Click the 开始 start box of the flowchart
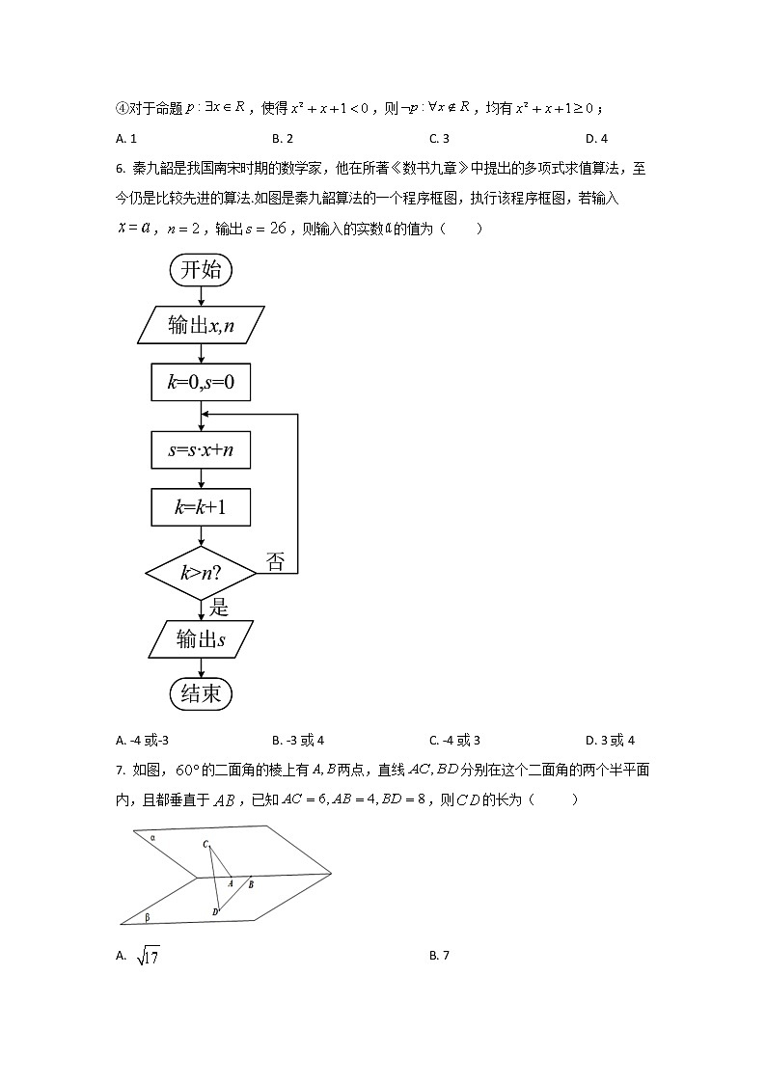point(201,270)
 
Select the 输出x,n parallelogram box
point(201,326)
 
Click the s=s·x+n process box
point(201,449)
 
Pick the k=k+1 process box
point(201,506)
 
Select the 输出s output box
point(201,638)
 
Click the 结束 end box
point(201,693)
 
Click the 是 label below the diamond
point(219,607)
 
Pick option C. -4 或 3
point(454,741)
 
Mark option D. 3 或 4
point(610,741)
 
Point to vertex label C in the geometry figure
point(205,845)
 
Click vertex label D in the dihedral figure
point(214,911)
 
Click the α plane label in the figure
point(153,838)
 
